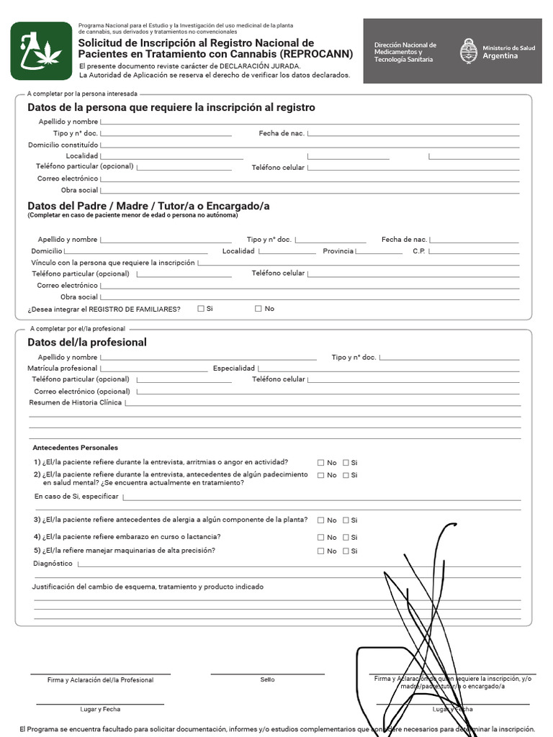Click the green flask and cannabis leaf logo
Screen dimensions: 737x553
click(x=41, y=50)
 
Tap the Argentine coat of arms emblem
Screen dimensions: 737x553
click(x=469, y=51)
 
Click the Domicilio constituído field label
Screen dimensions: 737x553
click(x=63, y=145)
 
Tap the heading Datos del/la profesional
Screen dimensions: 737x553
click(x=86, y=343)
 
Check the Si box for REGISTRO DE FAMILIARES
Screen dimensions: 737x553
click(x=201, y=309)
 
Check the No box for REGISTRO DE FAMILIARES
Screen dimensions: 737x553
click(x=258, y=309)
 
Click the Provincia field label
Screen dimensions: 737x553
click(x=338, y=251)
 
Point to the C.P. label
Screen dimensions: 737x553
click(x=420, y=251)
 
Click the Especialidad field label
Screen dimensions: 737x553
click(x=234, y=368)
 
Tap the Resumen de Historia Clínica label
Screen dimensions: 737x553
click(x=75, y=402)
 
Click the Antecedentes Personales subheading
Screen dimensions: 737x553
click(x=75, y=447)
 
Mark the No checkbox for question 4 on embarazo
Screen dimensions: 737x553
click(x=321, y=538)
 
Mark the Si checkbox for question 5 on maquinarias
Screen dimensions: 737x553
click(x=346, y=551)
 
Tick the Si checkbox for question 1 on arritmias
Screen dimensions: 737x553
click(x=346, y=463)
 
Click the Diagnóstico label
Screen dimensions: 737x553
click(x=53, y=564)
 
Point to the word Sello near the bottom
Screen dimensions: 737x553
click(x=267, y=679)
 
